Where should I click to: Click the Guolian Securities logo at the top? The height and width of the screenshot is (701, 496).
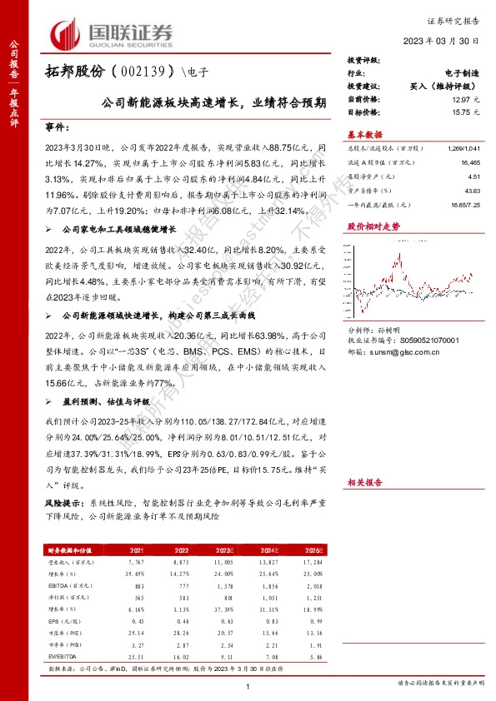[x=113, y=34]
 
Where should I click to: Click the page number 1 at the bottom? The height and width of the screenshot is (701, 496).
[x=249, y=686]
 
